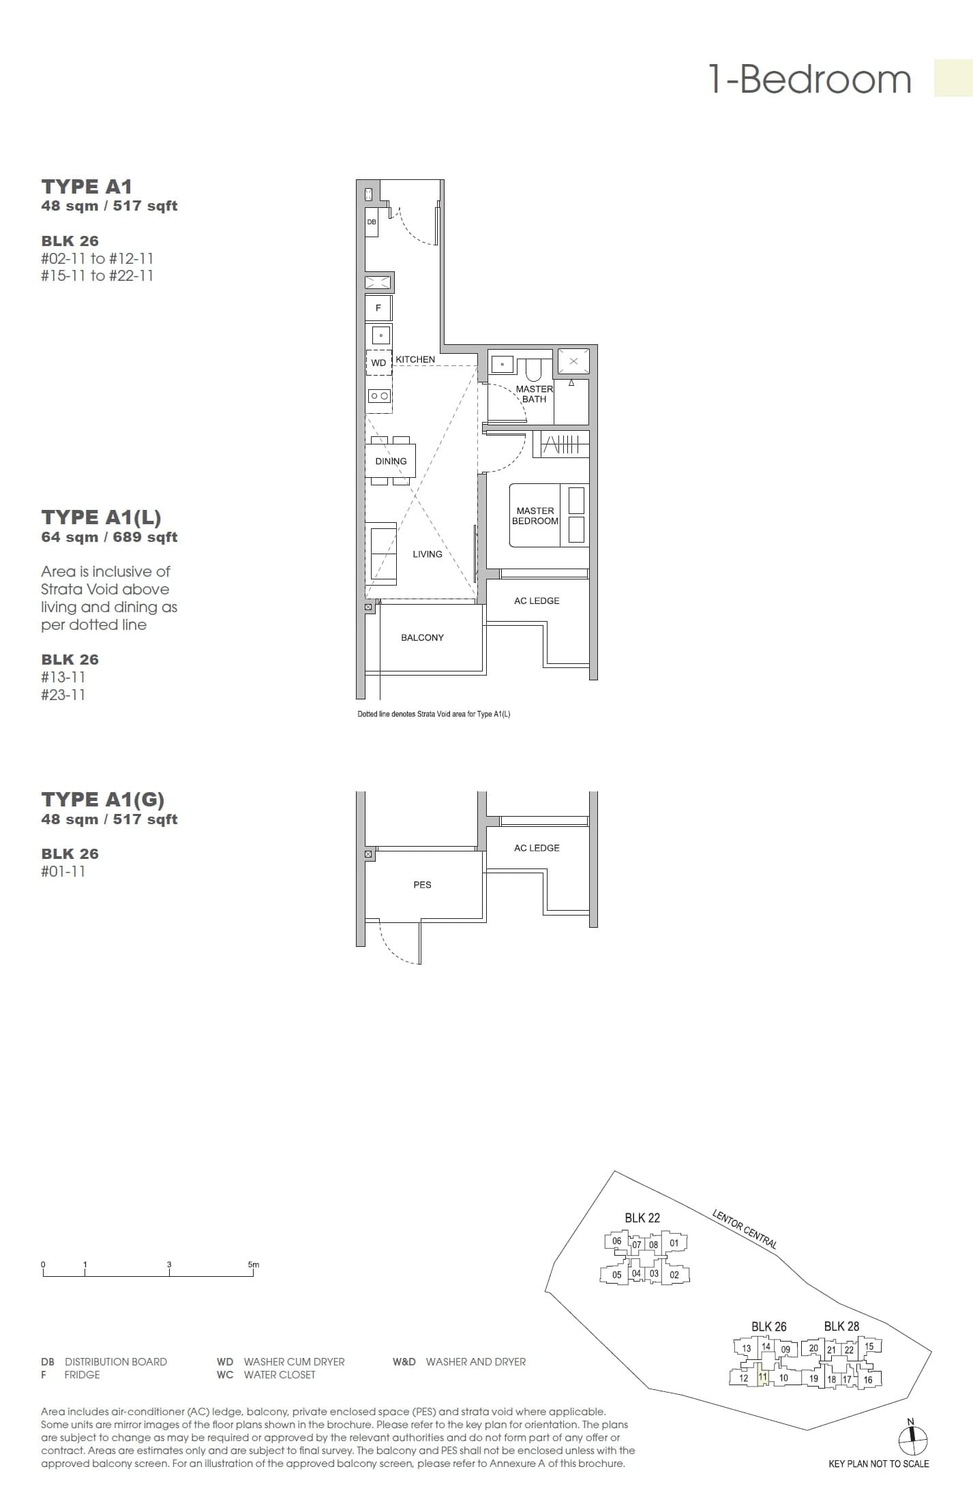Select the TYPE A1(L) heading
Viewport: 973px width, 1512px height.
pos(101,517)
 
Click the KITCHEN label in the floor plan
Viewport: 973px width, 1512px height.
pos(415,359)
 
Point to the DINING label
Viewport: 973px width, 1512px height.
pos(391,461)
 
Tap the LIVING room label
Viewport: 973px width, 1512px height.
pos(428,554)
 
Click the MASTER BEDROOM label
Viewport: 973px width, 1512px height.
pos(535,515)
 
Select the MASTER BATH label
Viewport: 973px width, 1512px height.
pos(534,394)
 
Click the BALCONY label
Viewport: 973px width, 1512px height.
pos(422,637)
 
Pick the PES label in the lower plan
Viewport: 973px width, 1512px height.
pos(422,885)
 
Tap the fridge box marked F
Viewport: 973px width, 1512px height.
pos(378,308)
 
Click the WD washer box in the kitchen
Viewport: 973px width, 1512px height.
pos(378,363)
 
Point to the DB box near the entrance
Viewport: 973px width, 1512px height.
pos(372,222)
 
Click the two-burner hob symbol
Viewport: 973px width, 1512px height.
pos(379,396)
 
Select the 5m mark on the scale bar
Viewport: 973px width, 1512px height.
pos(254,1265)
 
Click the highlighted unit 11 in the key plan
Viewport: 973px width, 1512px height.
pos(763,1377)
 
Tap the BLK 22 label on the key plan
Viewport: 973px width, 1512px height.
pos(642,1218)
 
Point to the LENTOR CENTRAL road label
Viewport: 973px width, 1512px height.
pos(744,1228)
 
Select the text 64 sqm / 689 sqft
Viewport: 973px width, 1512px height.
pos(109,537)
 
